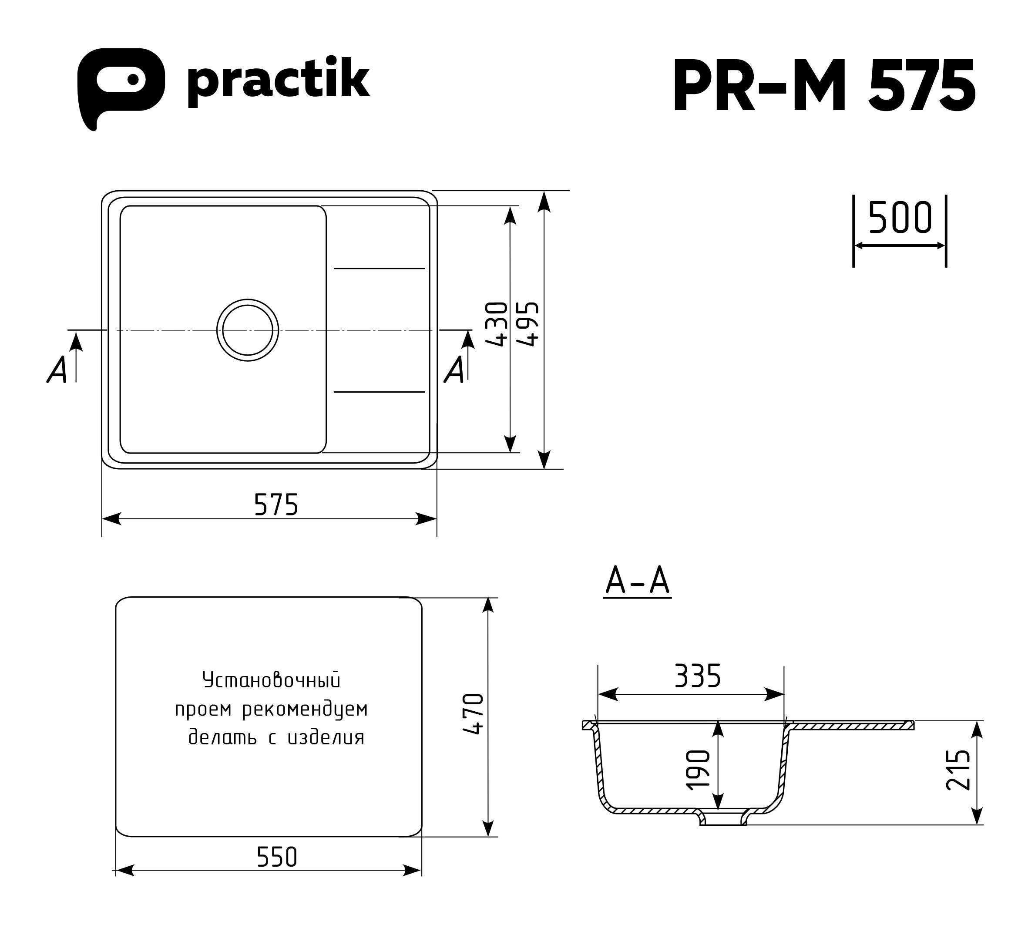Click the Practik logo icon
pos(121,88)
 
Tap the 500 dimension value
pos(900,217)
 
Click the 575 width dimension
pos(276,505)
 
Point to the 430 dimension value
pos(497,324)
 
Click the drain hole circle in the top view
pos(248,330)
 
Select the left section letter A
pos(57,370)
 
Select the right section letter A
pos(455,370)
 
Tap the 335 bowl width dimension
pos(697,676)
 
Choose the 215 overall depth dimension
pos(958,770)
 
